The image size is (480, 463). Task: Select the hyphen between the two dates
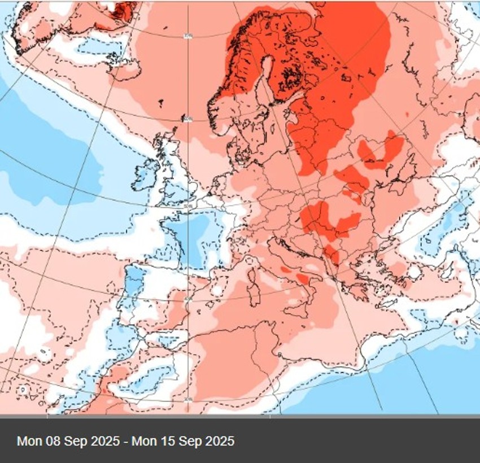tap(125, 440)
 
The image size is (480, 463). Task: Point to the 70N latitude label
tap(187, 36)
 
